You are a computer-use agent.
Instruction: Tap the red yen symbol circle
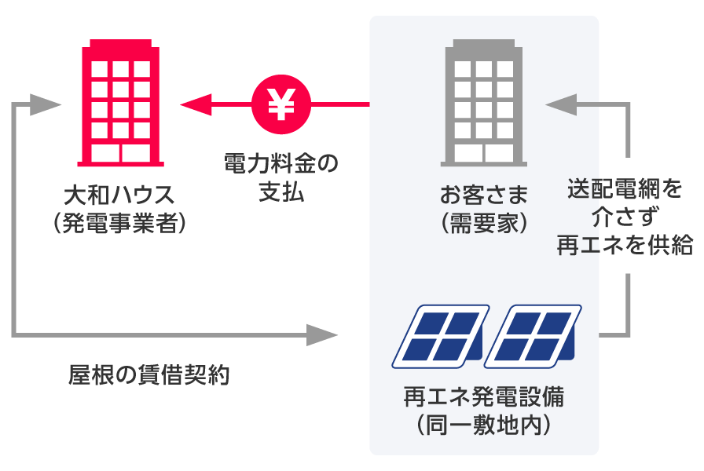(x=281, y=104)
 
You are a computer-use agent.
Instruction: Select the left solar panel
(x=440, y=336)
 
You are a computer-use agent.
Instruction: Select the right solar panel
(x=532, y=336)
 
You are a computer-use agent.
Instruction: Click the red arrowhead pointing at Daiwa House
(x=195, y=104)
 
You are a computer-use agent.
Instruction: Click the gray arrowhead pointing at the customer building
(x=559, y=104)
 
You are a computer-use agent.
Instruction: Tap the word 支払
(x=280, y=192)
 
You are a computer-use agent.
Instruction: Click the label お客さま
(x=484, y=193)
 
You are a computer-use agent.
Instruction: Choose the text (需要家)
(x=484, y=223)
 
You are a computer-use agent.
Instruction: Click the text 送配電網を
(x=625, y=189)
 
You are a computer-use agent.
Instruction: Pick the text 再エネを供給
(x=625, y=245)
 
